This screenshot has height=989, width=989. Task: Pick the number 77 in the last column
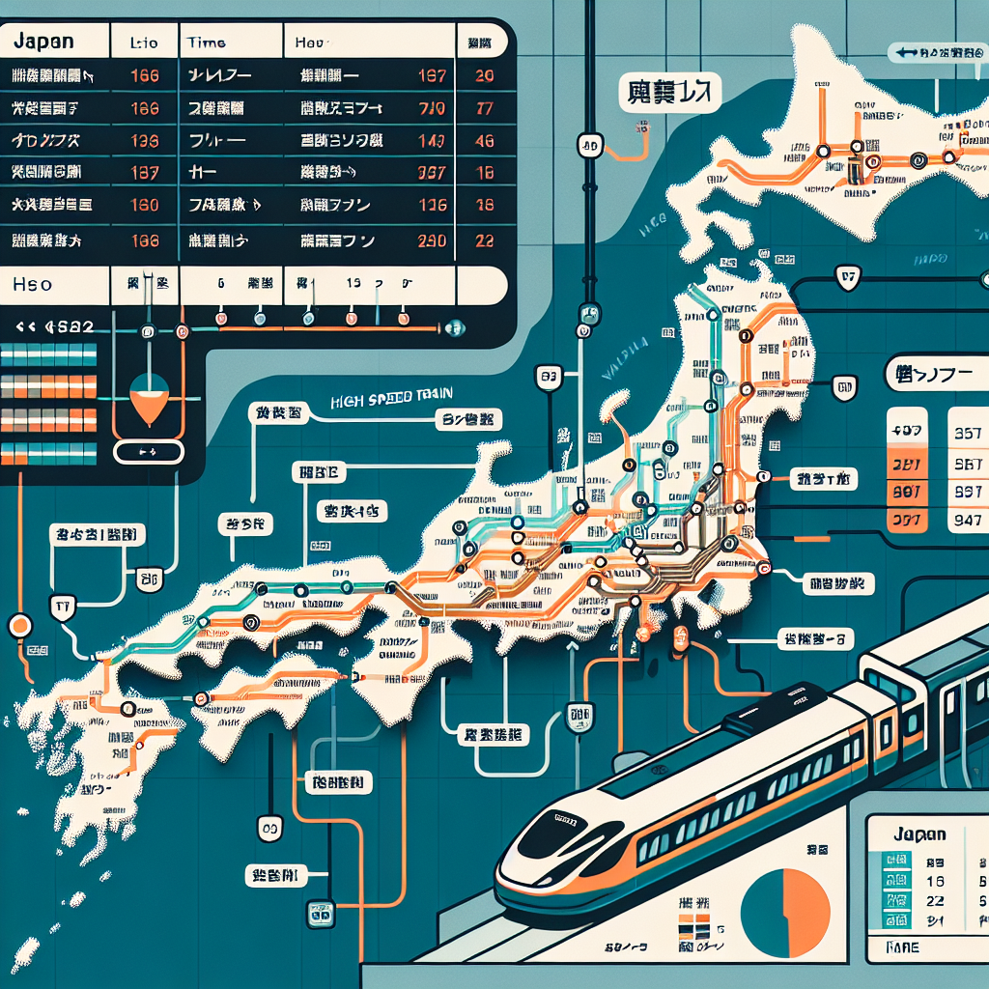tap(485, 106)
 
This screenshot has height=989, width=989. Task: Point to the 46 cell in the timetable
tap(485, 139)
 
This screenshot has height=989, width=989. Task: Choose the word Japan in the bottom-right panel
tap(919, 834)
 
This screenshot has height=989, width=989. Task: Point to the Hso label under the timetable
tap(35, 285)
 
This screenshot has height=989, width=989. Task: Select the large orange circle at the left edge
tap(18, 626)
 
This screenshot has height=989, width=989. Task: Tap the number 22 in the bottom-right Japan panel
tap(933, 899)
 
